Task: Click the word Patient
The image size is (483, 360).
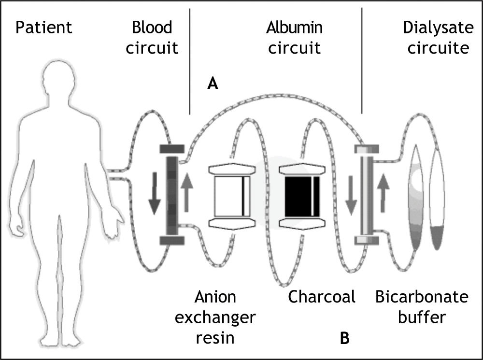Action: [x=43, y=28]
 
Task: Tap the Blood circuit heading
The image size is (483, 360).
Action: [x=152, y=37]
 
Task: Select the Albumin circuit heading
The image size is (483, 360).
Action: [x=294, y=37]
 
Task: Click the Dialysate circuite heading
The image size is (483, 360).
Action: [x=438, y=37]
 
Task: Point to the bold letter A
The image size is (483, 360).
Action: [x=213, y=84]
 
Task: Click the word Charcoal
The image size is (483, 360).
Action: [x=322, y=297]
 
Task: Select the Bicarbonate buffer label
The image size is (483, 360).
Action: [x=422, y=307]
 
